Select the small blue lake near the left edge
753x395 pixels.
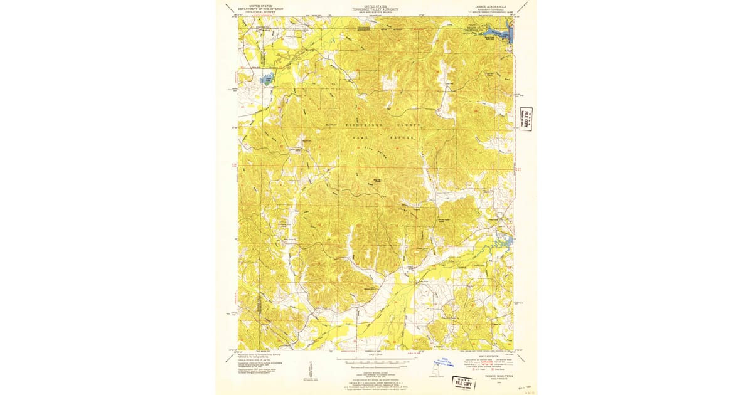267,80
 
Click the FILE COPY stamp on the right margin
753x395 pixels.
526,117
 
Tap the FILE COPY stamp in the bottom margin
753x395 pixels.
464,382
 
